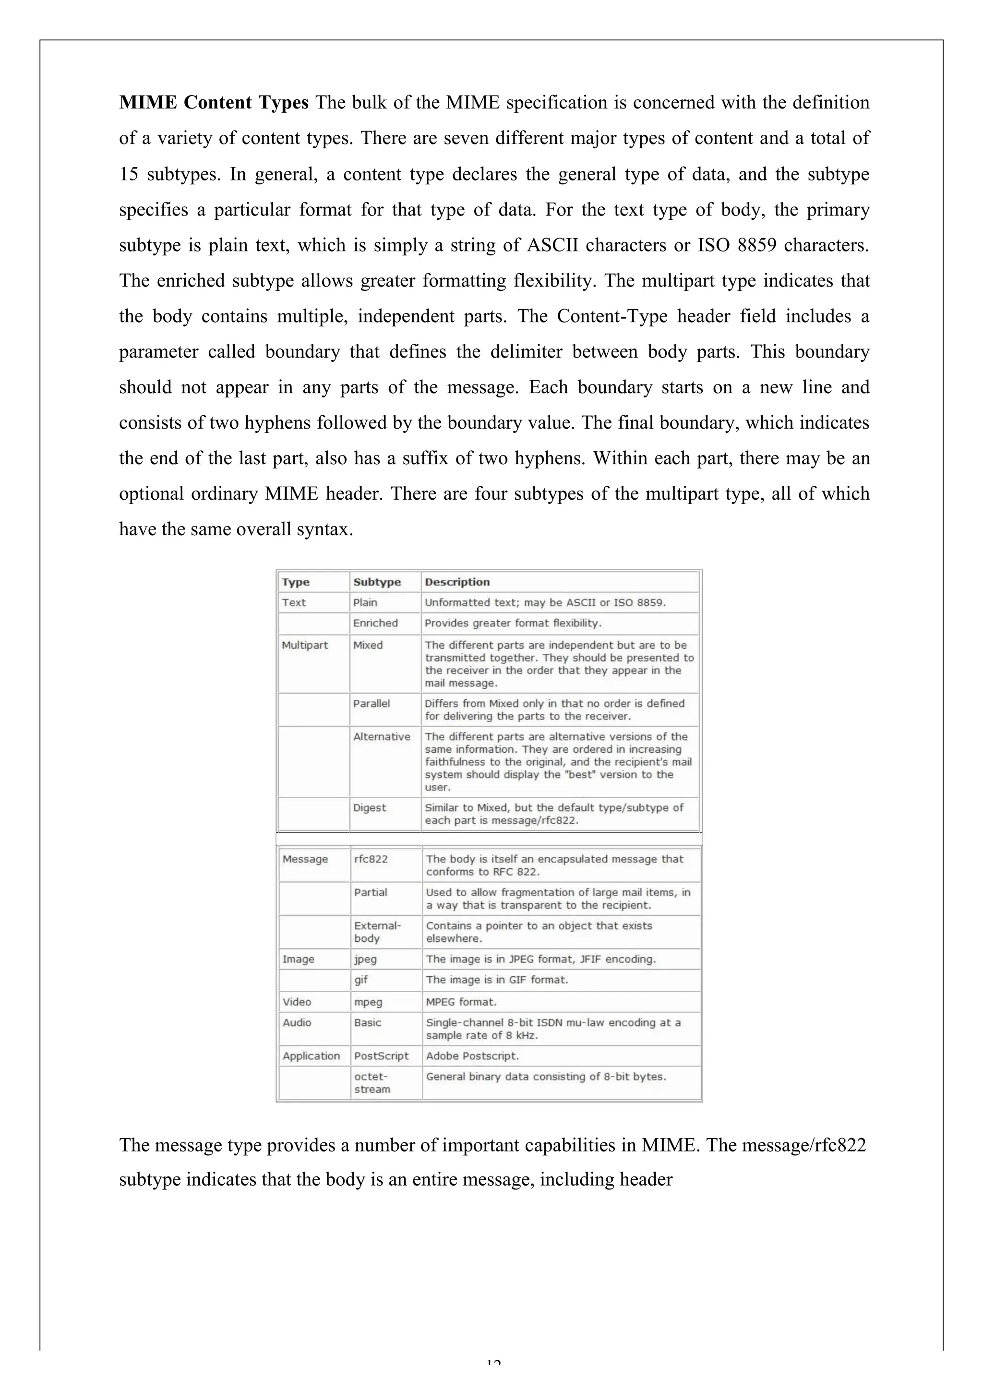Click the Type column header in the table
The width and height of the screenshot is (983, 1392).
coord(296,582)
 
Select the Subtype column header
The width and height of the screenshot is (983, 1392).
coord(377,582)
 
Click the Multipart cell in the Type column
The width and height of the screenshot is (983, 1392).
coord(304,645)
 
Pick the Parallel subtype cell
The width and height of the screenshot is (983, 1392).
coord(371,703)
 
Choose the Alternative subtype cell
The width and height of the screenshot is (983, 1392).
coord(382,737)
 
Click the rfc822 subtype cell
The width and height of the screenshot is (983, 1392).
coord(371,859)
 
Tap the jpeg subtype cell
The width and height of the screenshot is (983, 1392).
coord(365,959)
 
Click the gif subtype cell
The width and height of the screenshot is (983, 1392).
coord(361,980)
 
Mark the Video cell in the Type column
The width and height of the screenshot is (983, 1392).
coord(297,1002)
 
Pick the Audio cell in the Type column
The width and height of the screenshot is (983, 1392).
coord(297,1023)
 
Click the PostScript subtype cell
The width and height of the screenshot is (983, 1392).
coord(382,1056)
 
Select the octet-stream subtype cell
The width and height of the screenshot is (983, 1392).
coord(372,1083)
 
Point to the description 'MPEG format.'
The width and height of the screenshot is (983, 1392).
coord(461,1002)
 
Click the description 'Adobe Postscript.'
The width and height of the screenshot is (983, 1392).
coord(472,1056)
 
